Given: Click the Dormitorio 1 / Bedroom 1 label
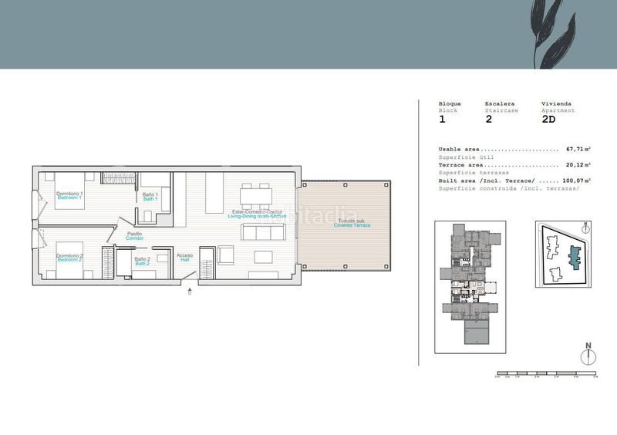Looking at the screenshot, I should [69, 196].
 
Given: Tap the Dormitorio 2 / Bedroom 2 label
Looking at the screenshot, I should [69, 258].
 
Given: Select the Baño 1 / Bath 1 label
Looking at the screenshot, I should [150, 197].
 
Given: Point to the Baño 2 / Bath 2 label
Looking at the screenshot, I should [142, 262].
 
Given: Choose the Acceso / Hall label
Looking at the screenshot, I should [184, 258].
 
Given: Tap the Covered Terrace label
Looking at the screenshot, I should [352, 223].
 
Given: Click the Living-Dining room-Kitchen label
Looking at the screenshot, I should [257, 214].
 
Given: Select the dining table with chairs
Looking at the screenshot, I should [255, 196].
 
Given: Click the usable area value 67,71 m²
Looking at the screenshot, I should [578, 149].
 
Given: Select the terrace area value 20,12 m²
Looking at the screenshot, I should [578, 164].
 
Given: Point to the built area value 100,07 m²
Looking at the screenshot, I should [576, 180].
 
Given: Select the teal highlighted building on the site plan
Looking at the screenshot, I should [573, 256].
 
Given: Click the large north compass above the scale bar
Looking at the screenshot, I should [588, 356].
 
